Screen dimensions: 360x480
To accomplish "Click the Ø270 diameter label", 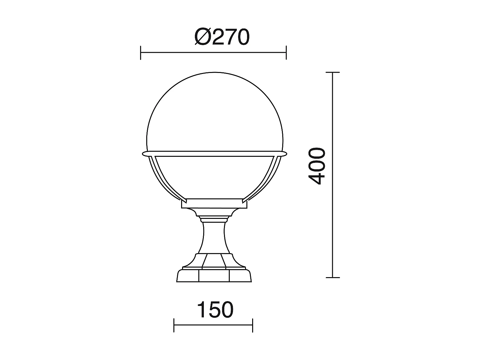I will pos(222,38).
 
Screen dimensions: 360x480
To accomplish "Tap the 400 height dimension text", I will pos(318,166).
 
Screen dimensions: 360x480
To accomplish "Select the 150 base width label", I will pos(215,310).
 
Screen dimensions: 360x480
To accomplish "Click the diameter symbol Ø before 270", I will pos(203,38).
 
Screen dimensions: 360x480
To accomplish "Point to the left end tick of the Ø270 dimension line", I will pos(140,52).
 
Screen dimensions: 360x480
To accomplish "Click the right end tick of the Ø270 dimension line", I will pos(286,52).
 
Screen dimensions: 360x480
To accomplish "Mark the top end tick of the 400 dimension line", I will pos(333,73).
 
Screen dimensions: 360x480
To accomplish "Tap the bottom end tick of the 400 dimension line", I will pos(333,277).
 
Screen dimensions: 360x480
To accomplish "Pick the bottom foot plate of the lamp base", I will pos(214,276).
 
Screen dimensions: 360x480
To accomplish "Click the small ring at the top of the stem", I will pos(214,219).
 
